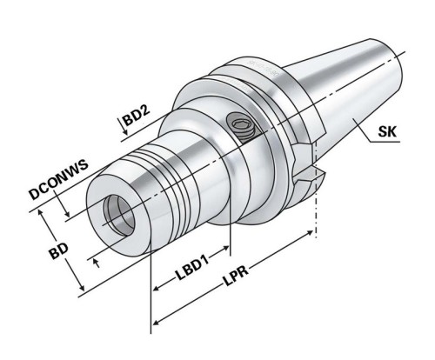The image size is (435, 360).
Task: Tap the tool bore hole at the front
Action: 115,211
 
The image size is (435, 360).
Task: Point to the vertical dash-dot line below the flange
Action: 316,209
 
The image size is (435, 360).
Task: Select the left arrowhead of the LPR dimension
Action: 157,326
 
